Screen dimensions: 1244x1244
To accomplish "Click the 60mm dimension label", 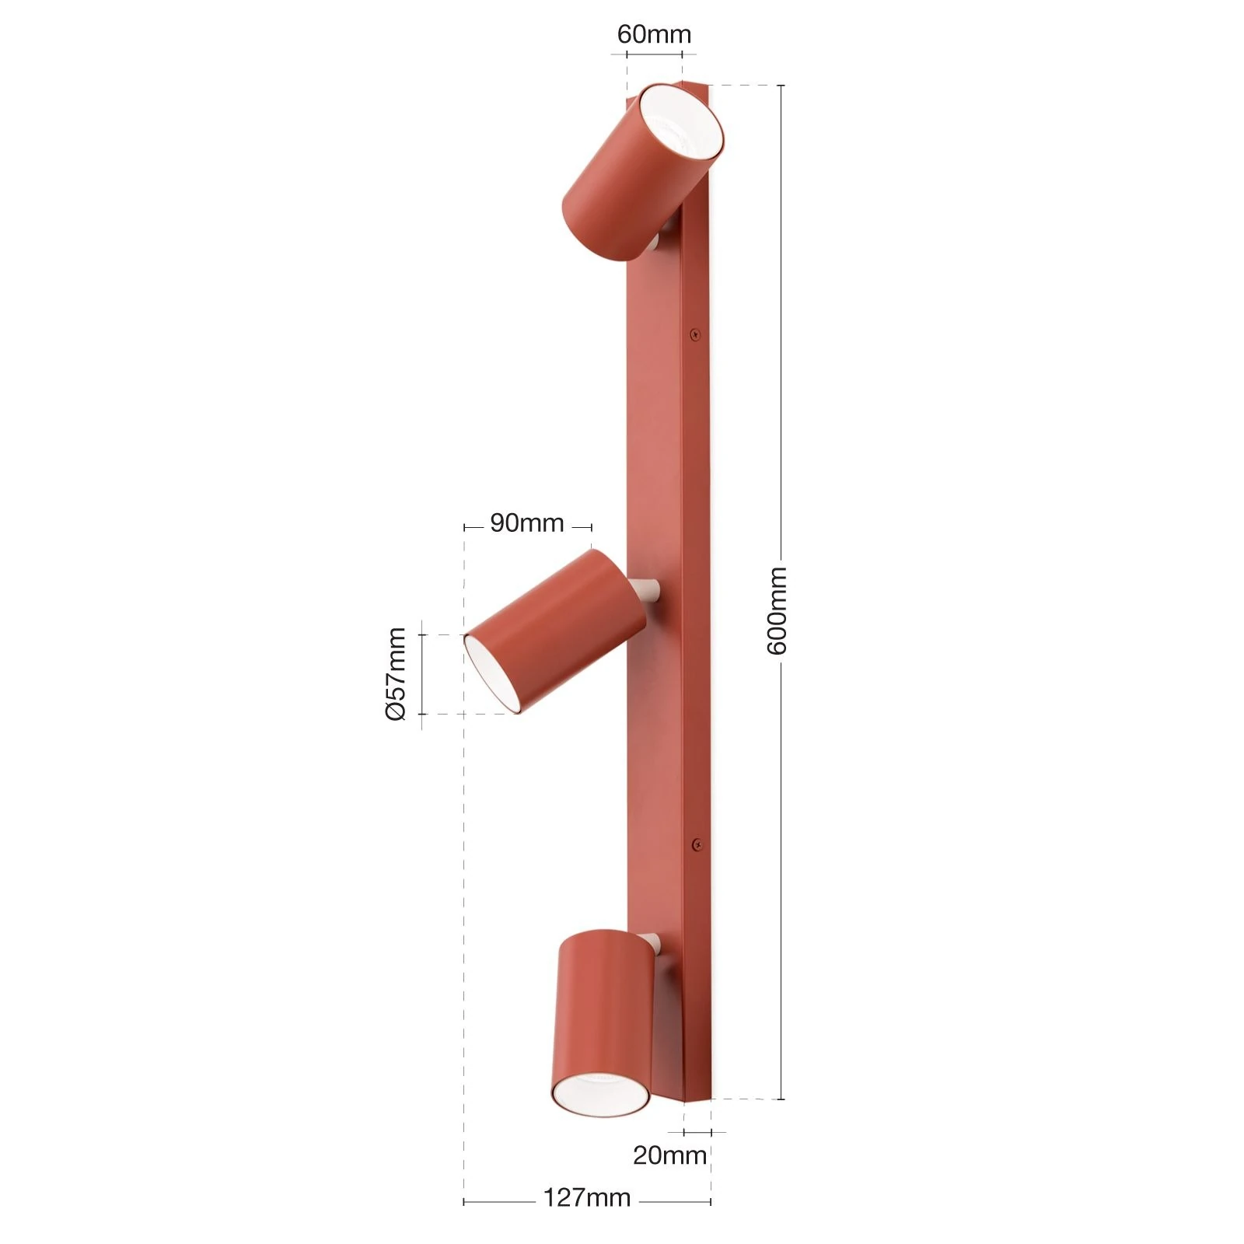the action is [x=654, y=34].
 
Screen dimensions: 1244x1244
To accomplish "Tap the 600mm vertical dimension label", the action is [x=777, y=610].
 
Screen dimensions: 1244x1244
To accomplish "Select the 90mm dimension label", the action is [x=527, y=523].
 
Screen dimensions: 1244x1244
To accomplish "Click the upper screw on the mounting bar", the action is [x=695, y=334].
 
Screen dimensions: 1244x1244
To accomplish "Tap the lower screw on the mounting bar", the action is [x=697, y=842].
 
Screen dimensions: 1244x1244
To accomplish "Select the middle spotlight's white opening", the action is [x=493, y=673].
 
